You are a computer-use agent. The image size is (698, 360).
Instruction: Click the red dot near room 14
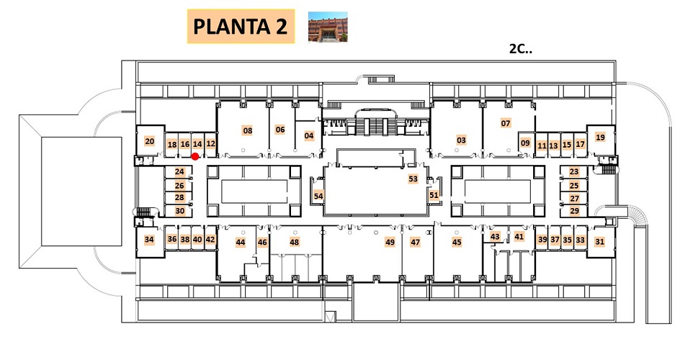tap(194, 156)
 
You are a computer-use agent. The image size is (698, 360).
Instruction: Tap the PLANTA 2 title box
tap(241, 26)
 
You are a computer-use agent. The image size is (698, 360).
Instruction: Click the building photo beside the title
tap(328, 27)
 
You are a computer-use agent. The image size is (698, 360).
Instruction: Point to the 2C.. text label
tap(520, 48)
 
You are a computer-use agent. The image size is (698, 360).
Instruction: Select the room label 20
tap(150, 142)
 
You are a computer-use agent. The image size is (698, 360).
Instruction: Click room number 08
tap(248, 130)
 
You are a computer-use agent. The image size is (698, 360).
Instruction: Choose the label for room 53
tap(413, 179)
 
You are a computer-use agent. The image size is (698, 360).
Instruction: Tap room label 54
tap(318, 196)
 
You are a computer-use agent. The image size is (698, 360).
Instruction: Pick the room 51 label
tap(434, 194)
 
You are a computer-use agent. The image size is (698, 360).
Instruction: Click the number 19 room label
tap(600, 137)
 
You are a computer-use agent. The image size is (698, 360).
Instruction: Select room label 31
tap(600, 242)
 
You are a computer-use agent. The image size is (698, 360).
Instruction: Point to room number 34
tap(149, 240)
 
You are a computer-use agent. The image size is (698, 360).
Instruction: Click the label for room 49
tap(390, 242)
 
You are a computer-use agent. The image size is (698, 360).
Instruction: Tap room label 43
tap(495, 237)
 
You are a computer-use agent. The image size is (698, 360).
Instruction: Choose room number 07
tap(505, 123)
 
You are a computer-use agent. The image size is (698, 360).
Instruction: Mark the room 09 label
tap(525, 143)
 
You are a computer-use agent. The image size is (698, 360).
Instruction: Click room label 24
tap(179, 171)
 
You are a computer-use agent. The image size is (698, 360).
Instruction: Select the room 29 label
tap(574, 210)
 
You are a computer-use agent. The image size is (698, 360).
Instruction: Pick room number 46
tap(262, 242)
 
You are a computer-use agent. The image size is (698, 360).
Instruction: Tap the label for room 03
tap(461, 140)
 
